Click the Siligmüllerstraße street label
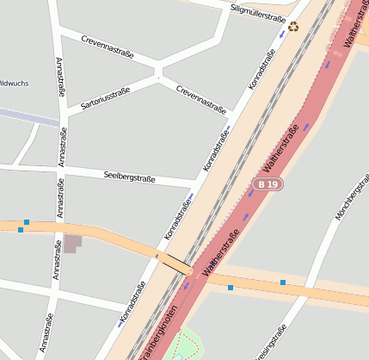pos(259,13)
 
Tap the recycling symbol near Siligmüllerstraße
pos(294,27)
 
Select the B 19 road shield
pos(268,184)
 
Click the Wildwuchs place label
pos(15,84)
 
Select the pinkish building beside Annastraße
pos(72,243)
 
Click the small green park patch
pos(187,345)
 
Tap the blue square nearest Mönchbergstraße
pos(282,282)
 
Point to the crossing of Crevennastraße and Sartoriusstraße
pos(158,78)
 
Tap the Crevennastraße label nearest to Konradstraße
pos(200,99)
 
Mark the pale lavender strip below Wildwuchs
pos(30,116)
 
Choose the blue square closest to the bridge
pos(230,288)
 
